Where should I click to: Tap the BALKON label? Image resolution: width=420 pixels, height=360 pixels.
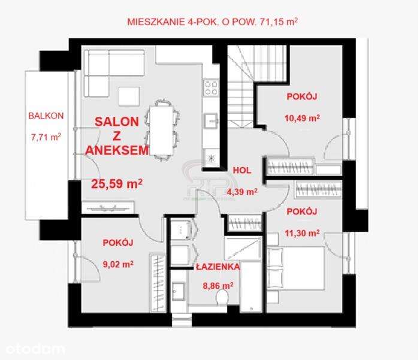pos(46,116)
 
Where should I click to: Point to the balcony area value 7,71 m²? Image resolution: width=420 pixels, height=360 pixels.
pos(46,137)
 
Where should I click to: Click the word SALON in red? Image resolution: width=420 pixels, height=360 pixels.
pos(117,121)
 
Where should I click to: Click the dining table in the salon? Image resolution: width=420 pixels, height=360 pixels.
pos(159,129)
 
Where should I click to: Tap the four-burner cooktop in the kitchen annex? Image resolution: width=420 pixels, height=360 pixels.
pos(211,88)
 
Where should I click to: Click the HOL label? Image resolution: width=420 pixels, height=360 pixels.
pos(241,170)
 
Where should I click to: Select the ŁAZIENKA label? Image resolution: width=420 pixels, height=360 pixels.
pos(217,267)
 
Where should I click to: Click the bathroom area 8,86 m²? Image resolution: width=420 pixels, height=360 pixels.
pos(217,286)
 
